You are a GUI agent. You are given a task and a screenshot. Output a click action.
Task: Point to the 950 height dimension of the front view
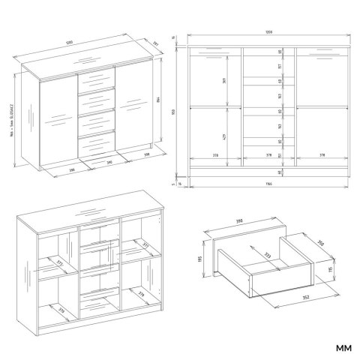click(174, 112)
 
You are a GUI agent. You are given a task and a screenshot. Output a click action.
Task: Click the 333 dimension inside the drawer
click(262, 256)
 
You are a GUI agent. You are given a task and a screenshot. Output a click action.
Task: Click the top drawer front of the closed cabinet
click(95, 79)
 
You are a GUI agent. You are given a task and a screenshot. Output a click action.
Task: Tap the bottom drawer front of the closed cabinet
click(95, 142)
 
